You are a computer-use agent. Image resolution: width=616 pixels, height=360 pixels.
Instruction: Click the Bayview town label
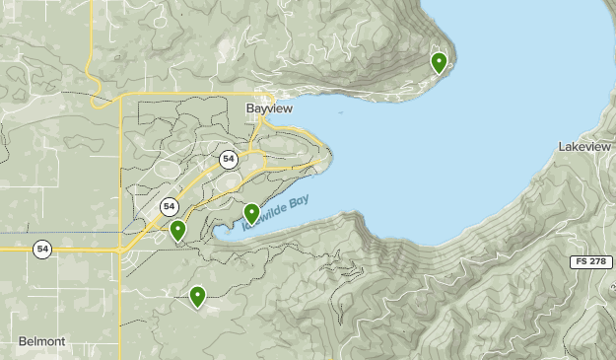(268, 108)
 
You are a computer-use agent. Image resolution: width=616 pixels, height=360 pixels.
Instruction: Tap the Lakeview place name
(584, 146)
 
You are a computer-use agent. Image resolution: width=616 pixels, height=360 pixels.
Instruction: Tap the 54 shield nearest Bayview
(229, 158)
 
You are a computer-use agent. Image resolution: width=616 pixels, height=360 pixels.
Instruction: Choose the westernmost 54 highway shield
(41, 248)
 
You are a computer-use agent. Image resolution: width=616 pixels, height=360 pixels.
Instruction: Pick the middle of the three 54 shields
(170, 206)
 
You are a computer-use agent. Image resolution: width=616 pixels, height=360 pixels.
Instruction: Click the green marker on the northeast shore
(439, 63)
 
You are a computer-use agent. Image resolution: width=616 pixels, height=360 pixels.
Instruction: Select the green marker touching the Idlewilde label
(251, 212)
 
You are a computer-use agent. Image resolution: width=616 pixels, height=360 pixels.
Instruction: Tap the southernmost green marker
(197, 295)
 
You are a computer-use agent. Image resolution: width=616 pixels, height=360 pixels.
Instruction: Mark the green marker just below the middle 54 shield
(177, 231)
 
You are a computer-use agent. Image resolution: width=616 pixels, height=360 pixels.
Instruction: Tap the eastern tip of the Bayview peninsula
(331, 155)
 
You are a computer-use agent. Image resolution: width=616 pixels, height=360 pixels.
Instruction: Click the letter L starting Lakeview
(561, 146)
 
